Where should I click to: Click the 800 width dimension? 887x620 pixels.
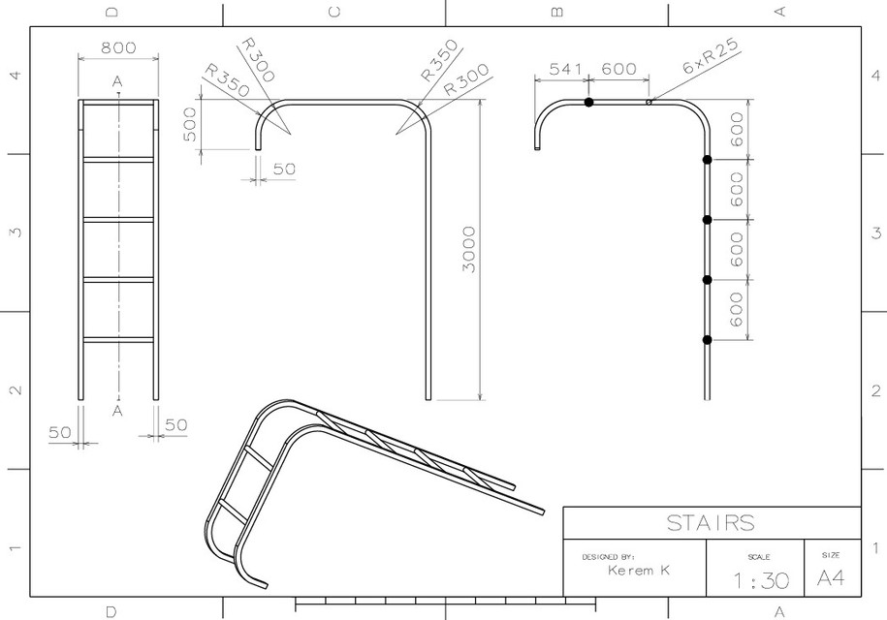(117, 47)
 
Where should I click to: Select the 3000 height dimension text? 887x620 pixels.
(468, 249)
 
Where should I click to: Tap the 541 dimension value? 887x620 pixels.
(566, 69)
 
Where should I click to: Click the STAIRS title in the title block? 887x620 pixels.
(711, 523)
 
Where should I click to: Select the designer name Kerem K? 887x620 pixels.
(639, 571)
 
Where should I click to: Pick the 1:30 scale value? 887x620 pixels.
(761, 581)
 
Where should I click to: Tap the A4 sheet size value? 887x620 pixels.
(832, 578)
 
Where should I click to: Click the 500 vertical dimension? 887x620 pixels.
(190, 124)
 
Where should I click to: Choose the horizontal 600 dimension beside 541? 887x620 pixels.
(619, 69)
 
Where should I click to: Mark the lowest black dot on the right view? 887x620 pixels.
(707, 339)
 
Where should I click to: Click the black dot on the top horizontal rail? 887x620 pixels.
(588, 102)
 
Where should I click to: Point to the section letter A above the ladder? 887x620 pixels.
(117, 81)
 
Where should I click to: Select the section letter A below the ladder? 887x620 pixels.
(117, 411)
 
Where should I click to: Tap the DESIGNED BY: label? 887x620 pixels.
(607, 557)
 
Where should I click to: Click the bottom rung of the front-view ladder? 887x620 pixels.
(117, 339)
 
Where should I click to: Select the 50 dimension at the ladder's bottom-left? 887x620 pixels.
(60, 432)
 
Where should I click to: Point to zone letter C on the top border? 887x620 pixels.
(334, 13)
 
